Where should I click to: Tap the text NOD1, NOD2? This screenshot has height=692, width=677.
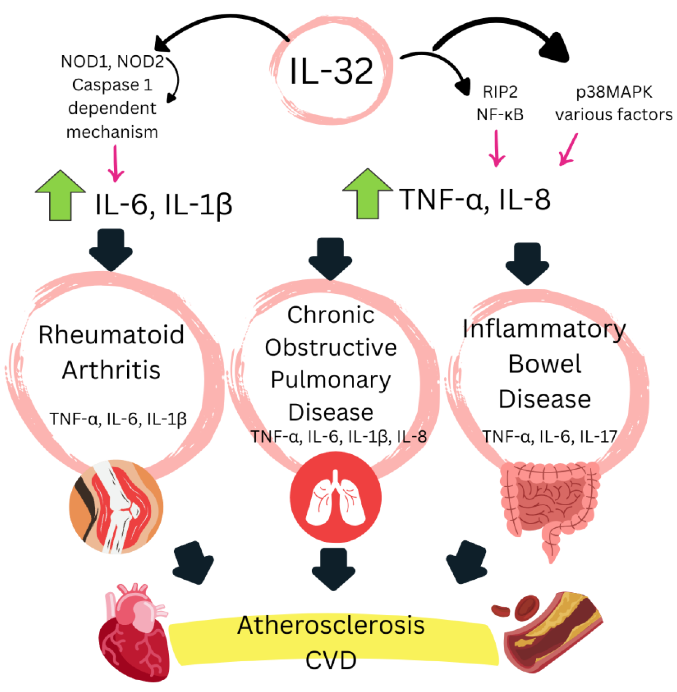(112, 62)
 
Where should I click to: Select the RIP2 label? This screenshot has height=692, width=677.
(500, 92)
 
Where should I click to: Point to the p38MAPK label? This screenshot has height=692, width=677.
(614, 92)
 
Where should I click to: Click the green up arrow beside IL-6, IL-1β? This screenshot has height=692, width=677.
(60, 196)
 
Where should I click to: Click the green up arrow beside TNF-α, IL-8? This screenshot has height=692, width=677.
(367, 194)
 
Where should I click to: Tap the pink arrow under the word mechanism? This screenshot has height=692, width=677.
(115, 164)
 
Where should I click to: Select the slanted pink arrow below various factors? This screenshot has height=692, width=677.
(568, 149)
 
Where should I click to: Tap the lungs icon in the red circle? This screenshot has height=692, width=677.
(335, 498)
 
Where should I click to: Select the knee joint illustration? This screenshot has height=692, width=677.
(116, 506)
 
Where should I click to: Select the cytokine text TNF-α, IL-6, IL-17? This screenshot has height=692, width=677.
(549, 436)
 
